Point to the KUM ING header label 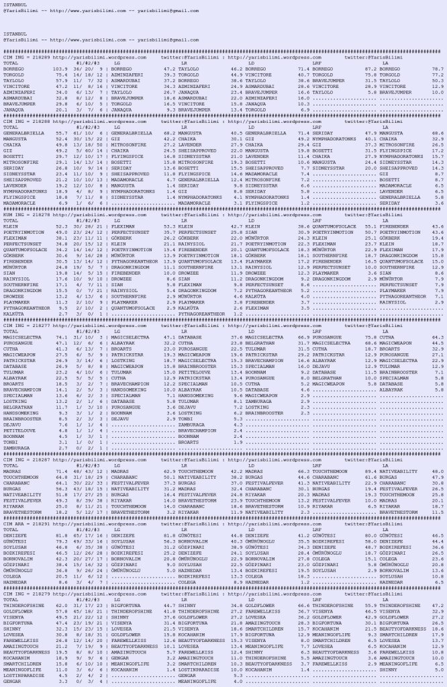(x=13, y=214)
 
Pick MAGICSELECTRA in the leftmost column (x=22, y=318)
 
